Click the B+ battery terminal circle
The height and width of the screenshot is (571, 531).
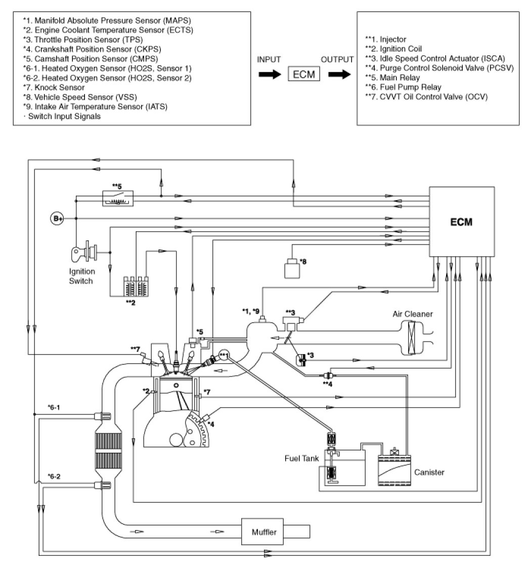(57, 218)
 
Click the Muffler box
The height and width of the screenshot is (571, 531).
(264, 533)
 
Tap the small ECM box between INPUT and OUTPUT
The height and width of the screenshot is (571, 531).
(304, 74)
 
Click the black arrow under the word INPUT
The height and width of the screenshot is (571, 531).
(269, 74)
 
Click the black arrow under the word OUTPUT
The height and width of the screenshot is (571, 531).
(338, 74)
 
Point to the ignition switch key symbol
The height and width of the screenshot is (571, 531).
(83, 251)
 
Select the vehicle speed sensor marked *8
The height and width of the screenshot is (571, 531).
(292, 268)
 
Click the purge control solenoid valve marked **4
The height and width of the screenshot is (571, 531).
(328, 376)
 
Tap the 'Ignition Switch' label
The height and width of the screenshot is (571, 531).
(81, 276)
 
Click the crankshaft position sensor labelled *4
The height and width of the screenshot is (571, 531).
(204, 418)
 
